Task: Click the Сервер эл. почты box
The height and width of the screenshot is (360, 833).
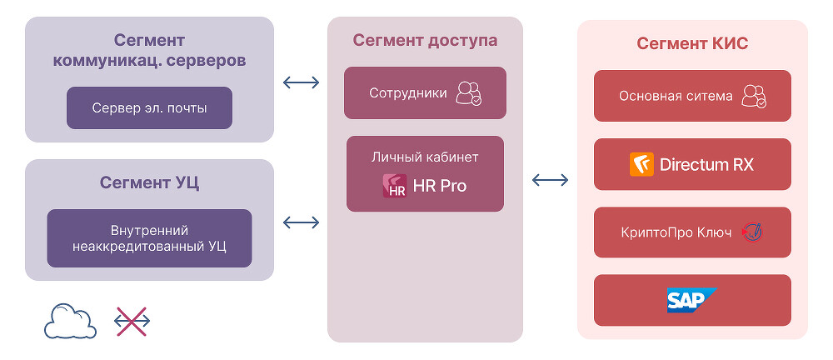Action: pos(149,107)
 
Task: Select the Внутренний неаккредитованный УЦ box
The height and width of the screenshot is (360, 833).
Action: pos(149,237)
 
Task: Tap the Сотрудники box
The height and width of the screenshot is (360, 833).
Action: pos(425,92)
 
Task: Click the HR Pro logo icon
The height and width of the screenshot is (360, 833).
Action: pos(395,186)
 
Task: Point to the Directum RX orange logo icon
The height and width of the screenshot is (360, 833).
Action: pos(641,164)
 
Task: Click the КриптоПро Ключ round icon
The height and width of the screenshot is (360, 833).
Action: pos(753,232)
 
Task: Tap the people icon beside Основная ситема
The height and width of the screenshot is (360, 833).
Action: pos(754,96)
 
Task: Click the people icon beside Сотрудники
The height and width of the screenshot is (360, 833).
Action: pos(468,92)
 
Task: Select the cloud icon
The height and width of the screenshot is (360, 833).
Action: pos(70,321)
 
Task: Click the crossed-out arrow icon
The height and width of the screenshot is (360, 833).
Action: pos(132,321)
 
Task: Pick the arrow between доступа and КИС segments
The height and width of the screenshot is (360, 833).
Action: pos(550,179)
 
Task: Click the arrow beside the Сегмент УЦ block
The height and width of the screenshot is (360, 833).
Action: pos(301,222)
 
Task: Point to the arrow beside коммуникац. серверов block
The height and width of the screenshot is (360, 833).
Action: pos(301,82)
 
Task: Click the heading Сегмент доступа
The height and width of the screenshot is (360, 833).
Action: pos(425,40)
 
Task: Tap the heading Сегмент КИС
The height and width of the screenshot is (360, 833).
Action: pos(692,43)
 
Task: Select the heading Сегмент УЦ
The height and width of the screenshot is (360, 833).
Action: pos(149,182)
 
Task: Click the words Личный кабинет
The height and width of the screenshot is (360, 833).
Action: pos(425,156)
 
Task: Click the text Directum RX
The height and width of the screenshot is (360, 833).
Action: pos(706,164)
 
